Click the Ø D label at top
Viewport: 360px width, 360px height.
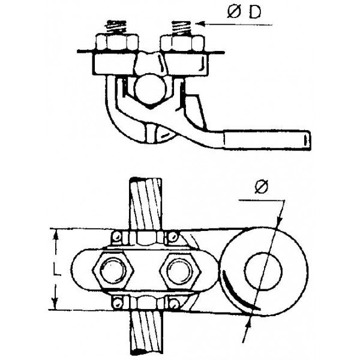point(244,12)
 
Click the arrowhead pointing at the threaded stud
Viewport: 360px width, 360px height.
point(200,23)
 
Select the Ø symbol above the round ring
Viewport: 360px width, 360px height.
point(262,187)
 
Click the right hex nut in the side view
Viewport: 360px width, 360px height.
point(182,43)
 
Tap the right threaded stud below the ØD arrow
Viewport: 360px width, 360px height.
point(181,28)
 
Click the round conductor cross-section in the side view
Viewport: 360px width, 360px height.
point(149,89)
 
